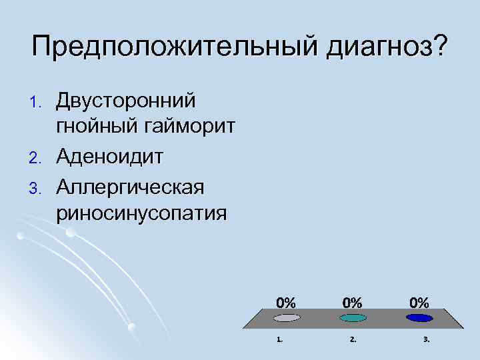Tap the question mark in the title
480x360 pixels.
pyautogui.click(x=441, y=46)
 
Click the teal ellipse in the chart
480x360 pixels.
pyautogui.click(x=353, y=318)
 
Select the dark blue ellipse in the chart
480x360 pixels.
pyautogui.click(x=419, y=318)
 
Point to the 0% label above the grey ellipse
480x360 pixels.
pyautogui.click(x=286, y=301)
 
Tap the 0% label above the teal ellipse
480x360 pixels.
pyautogui.click(x=353, y=301)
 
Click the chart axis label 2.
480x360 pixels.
pyautogui.click(x=353, y=339)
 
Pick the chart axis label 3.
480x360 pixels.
pyautogui.click(x=427, y=339)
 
